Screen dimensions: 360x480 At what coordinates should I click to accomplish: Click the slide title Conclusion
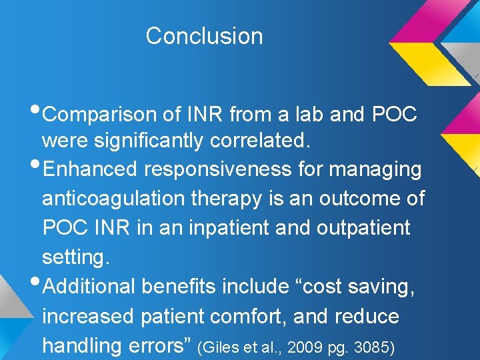(204, 36)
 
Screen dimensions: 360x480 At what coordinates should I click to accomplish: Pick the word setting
(75, 257)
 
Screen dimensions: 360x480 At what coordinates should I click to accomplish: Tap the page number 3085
(373, 347)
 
